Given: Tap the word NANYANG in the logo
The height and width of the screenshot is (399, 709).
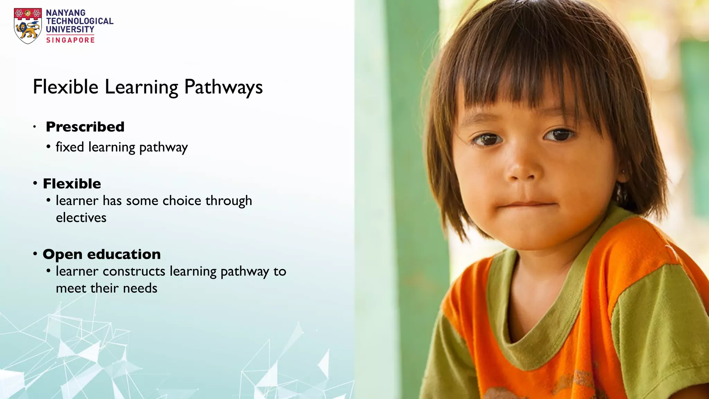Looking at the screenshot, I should pyautogui.click(x=66, y=13).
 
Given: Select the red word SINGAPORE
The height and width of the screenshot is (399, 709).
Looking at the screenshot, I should pyautogui.click(x=70, y=40).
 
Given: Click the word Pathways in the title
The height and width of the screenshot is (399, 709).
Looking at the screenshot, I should pyautogui.click(x=223, y=87).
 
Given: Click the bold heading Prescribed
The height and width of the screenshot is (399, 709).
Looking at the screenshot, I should pyautogui.click(x=85, y=127).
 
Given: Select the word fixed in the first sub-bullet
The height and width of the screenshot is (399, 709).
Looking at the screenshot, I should pyautogui.click(x=70, y=147).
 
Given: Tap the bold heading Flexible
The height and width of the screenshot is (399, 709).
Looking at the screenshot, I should pyautogui.click(x=72, y=184).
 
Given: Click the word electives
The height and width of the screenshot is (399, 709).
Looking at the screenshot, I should pyautogui.click(x=81, y=218).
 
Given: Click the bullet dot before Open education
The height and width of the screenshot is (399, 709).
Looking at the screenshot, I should pyautogui.click(x=35, y=254).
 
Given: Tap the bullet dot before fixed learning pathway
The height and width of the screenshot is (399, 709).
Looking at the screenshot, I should pyautogui.click(x=48, y=147).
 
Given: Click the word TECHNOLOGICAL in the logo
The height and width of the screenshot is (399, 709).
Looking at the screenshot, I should pyautogui.click(x=80, y=21).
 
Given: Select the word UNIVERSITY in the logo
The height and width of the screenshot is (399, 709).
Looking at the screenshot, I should pyautogui.click(x=70, y=29).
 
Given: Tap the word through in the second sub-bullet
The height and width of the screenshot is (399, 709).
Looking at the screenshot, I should pyautogui.click(x=228, y=201).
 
